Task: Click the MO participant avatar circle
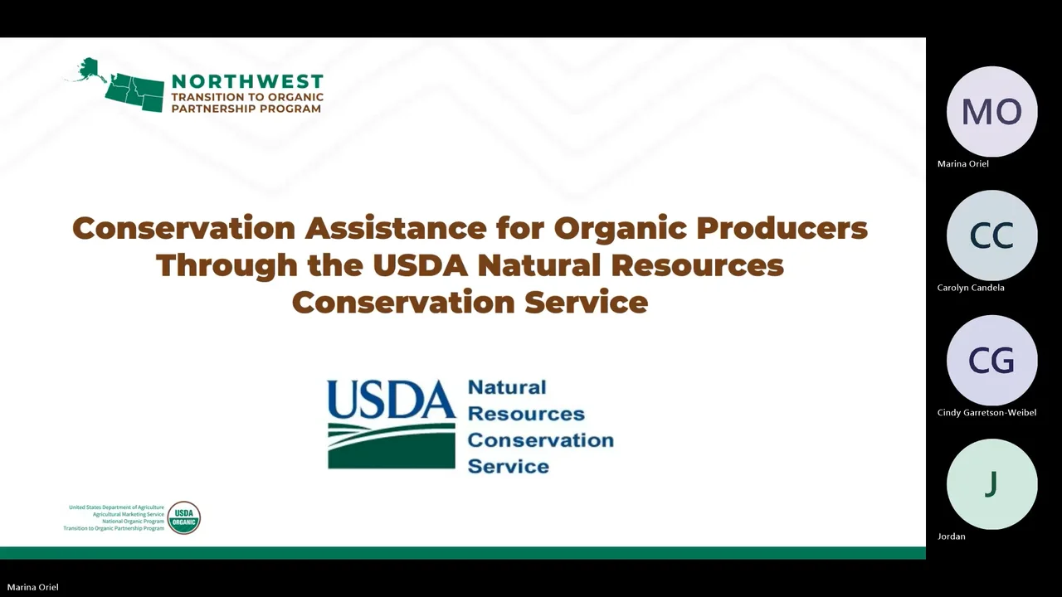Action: pyautogui.click(x=991, y=112)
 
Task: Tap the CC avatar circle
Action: pyautogui.click(x=991, y=236)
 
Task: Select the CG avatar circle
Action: pyautogui.click(x=991, y=361)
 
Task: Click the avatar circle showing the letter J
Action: pyautogui.click(x=991, y=484)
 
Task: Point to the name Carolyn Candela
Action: pyautogui.click(x=971, y=288)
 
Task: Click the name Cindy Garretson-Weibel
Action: pyautogui.click(x=986, y=412)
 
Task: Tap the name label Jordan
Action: pyautogui.click(x=951, y=536)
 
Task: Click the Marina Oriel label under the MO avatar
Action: pyautogui.click(x=962, y=164)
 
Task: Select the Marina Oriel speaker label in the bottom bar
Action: pyautogui.click(x=32, y=587)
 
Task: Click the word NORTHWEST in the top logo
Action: pyautogui.click(x=246, y=81)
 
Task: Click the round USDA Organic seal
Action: pyautogui.click(x=183, y=517)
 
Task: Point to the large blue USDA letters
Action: pyautogui.click(x=391, y=400)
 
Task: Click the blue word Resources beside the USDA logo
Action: pyautogui.click(x=526, y=414)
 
